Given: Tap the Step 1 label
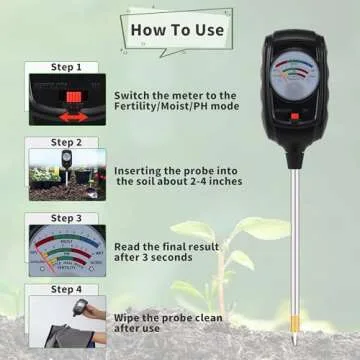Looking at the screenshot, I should coord(66,67).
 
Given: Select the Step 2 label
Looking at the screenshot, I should coord(66,142).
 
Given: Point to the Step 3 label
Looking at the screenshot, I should coord(66,217).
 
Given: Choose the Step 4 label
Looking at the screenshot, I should coord(66,289).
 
